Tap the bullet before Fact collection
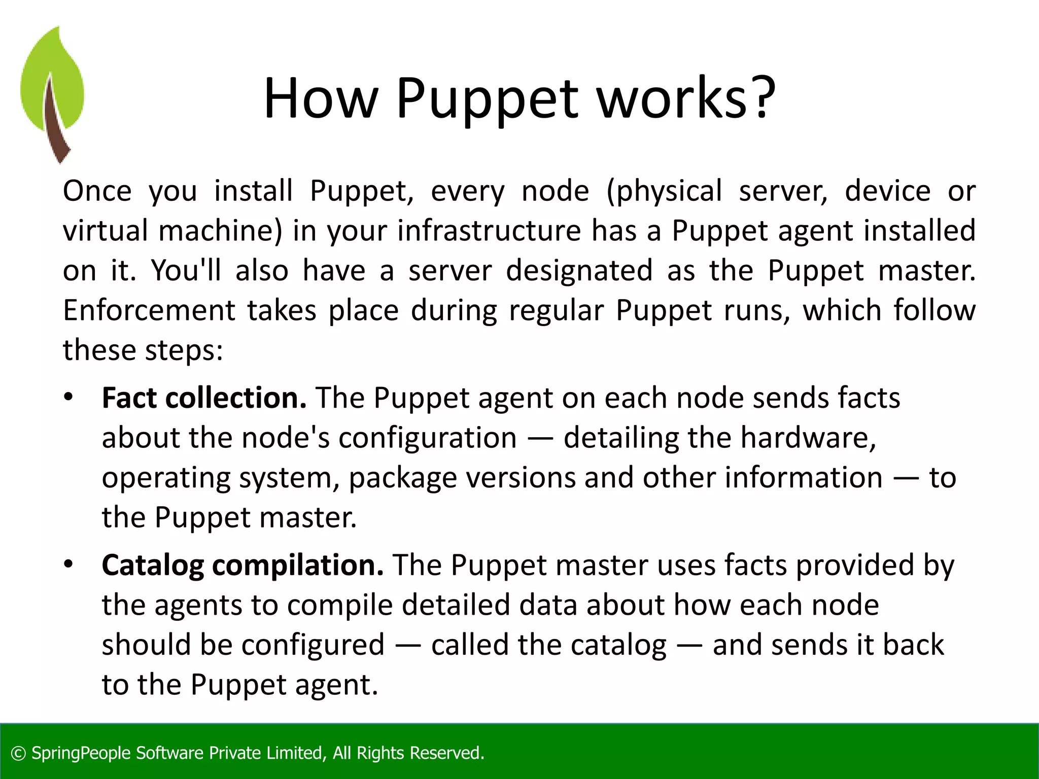pyautogui.click(x=68, y=397)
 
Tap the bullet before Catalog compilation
pyautogui.click(x=68, y=564)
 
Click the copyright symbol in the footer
pyautogui.click(x=18, y=753)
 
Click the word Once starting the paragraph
pyautogui.click(x=97, y=191)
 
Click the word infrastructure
pyautogui.click(x=489, y=231)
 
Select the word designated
pyautogui.click(x=579, y=270)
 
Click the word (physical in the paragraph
pyautogui.click(x=664, y=191)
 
